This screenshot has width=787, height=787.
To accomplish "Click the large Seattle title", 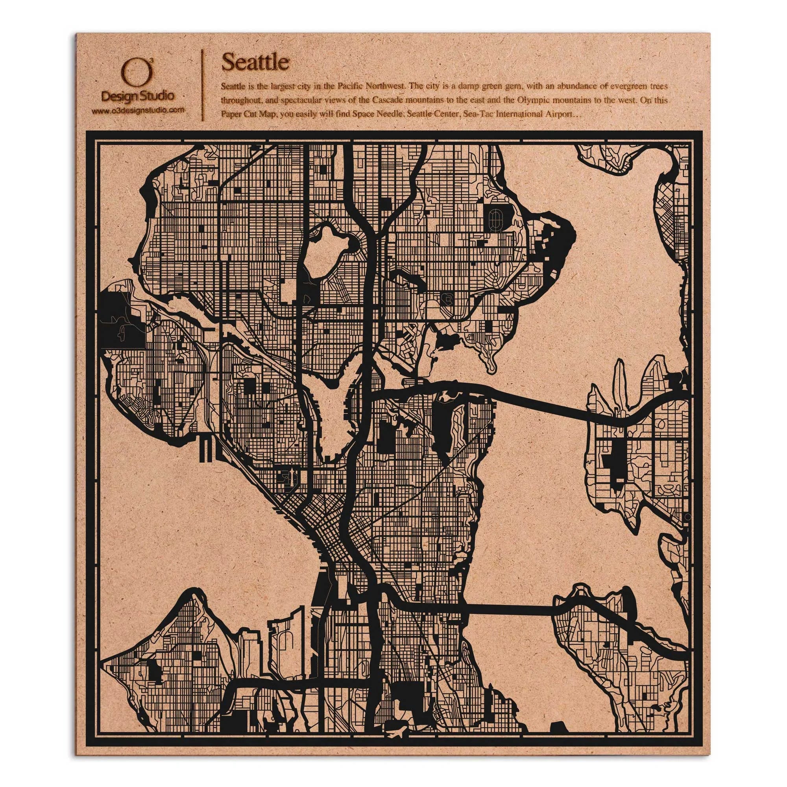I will click(x=255, y=62).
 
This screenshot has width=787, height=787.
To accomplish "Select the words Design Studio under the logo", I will click(x=137, y=96).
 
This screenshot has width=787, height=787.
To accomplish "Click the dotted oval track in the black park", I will click(x=495, y=220).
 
